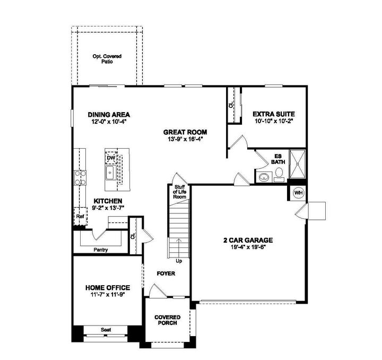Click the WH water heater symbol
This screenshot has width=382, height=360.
coord(298,192)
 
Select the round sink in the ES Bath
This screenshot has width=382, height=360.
coord(264,177)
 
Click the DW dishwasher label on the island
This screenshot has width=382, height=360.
coord(111,158)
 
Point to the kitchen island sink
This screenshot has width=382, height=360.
coord(111,172)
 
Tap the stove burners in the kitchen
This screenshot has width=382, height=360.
coord(80,177)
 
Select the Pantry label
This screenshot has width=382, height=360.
coord(101,248)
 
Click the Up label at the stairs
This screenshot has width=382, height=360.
coord(178,261)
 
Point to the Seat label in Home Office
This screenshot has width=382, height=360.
coord(106,330)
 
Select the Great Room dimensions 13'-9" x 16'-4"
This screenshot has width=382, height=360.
coord(185,139)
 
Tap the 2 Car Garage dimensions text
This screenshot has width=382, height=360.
coord(248,246)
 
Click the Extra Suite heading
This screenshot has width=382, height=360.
coord(273,114)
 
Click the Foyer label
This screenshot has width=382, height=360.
coord(166,274)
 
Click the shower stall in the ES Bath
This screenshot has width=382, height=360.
coord(297,166)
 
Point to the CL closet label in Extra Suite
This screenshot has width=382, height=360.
coord(231,105)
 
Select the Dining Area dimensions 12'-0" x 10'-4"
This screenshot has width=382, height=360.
coord(109,122)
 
